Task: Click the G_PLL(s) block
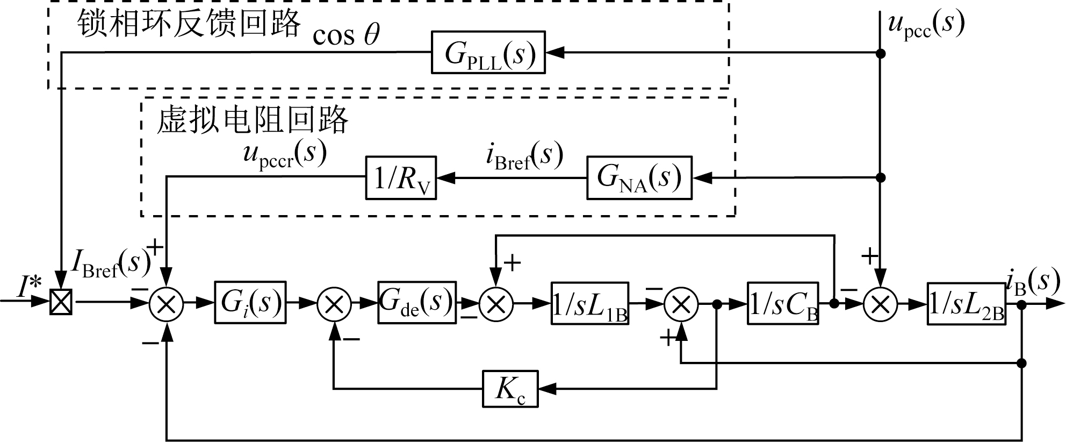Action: (488, 53)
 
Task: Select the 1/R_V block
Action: (401, 177)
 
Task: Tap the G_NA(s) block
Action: (639, 177)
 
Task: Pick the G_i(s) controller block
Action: (250, 303)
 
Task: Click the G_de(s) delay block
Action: (417, 303)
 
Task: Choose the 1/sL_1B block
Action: (590, 303)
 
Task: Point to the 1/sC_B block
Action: (783, 303)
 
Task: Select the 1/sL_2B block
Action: (967, 303)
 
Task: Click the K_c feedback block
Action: (510, 388)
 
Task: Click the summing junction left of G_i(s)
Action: (167, 304)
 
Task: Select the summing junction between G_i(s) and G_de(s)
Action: (334, 304)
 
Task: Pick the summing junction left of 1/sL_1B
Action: (496, 304)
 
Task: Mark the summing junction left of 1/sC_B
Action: (681, 304)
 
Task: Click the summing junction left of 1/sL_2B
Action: (880, 304)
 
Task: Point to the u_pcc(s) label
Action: (925, 24)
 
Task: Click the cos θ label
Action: (346, 35)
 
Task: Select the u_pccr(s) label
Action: (285, 154)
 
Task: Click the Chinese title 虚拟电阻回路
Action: (253, 119)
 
